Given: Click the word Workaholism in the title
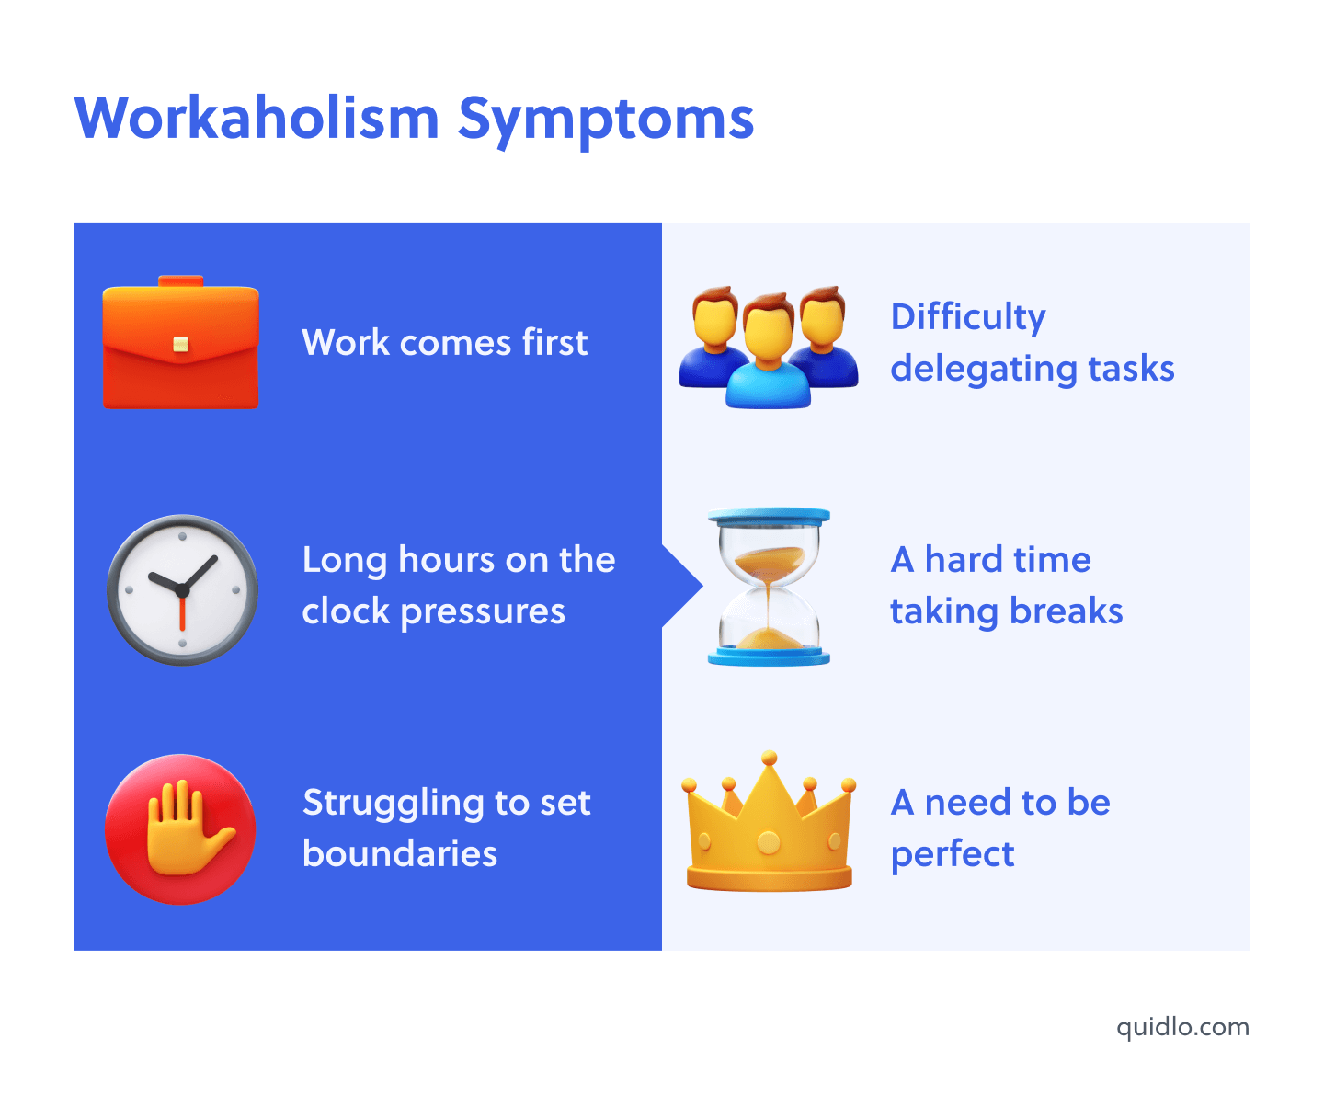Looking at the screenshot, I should pos(257,119).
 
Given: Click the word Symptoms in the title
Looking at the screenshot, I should pos(606,120).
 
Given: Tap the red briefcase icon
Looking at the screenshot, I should pos(180,344).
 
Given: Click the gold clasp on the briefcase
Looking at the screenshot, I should pos(181,345).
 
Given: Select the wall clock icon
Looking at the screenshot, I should pos(182,589).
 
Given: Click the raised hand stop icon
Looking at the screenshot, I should pos(180,829).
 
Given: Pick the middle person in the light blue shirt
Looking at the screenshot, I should pos(769,354).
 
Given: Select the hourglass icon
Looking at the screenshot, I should pos(769,587).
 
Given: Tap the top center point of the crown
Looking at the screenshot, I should pos(769,759).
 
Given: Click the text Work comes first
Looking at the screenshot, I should pos(444,343).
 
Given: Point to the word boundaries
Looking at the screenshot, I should pos(400,854).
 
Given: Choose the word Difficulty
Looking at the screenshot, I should pos(968,317).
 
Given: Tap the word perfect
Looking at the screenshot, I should pos(953,855).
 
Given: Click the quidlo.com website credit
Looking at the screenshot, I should pos(1182,1027).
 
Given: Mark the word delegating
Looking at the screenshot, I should pos(983,370).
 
